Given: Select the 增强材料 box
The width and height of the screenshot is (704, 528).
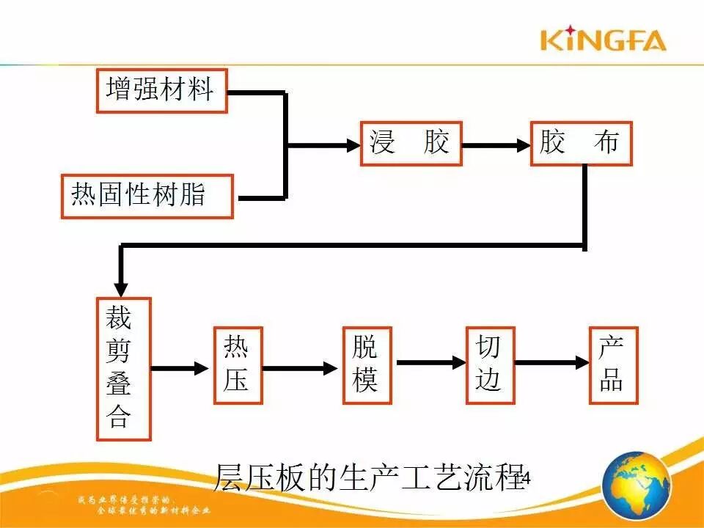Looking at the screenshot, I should pos(161,91).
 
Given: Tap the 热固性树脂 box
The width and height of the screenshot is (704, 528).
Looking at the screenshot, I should pos(147,196).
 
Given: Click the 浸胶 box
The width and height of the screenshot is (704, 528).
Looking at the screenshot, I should pos(411,143).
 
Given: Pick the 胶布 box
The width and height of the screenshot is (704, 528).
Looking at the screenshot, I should pos(581,143).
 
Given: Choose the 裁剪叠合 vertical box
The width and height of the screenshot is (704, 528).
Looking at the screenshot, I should pos(123,368).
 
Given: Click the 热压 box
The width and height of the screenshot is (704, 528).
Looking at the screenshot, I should pos(238,365).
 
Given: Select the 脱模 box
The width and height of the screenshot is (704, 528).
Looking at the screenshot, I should pos(367,365).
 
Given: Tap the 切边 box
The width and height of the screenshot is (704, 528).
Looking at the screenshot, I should pos(490,365).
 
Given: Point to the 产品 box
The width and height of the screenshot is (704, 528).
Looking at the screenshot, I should pos(613,365).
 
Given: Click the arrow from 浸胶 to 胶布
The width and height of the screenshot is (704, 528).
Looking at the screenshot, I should pos(496,145).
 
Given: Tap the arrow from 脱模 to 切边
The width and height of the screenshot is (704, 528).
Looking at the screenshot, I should pos(430,362).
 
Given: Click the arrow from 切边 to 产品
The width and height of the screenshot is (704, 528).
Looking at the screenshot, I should pos(552,362).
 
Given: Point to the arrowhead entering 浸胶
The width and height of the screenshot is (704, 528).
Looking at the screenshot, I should pos(353,145).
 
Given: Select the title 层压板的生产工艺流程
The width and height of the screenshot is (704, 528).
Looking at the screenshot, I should pos(367,477).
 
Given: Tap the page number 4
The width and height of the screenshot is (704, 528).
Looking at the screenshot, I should pos(525,479).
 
